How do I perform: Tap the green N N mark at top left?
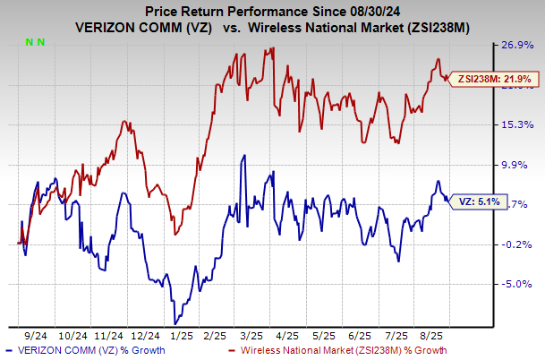tap(32, 42)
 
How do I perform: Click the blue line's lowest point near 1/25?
tap(175, 321)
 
